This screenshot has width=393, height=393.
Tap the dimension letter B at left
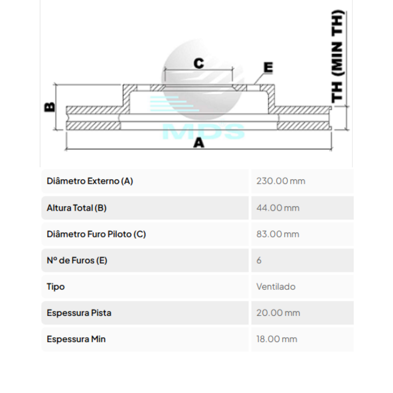(50, 107)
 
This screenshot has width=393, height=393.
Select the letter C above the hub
(199, 63)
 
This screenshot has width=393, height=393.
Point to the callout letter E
(268, 67)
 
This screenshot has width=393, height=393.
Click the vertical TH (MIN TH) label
(338, 56)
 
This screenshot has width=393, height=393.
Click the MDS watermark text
(203, 132)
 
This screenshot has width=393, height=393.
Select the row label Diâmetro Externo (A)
(90, 181)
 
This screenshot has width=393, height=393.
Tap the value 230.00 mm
(281, 181)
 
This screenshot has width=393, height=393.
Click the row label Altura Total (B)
(77, 208)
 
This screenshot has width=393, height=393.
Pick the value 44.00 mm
(278, 208)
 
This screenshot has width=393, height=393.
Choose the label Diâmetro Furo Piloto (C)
(96, 234)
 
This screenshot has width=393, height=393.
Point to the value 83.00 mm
(278, 234)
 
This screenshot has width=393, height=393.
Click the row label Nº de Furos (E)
(77, 260)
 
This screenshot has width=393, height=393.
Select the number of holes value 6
(259, 260)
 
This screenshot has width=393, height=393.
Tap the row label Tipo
(56, 287)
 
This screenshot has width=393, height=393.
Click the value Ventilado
(276, 287)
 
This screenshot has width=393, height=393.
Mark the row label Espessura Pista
(79, 313)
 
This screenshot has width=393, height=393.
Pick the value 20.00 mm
(278, 313)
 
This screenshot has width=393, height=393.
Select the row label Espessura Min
(76, 339)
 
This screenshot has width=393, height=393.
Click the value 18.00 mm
(277, 339)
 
